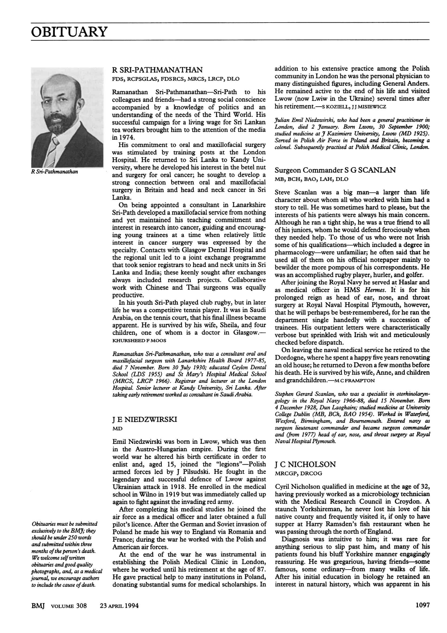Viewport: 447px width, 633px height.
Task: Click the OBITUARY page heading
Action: click(x=69, y=32)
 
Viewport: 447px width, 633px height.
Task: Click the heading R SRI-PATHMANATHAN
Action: click(x=157, y=70)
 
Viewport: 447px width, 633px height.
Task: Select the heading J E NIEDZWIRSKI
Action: click(x=145, y=419)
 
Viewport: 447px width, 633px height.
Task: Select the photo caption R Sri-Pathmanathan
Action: click(x=55, y=172)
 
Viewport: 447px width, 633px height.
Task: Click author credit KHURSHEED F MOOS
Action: click(x=139, y=340)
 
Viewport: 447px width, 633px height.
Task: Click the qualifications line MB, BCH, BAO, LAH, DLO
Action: click(x=311, y=179)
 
